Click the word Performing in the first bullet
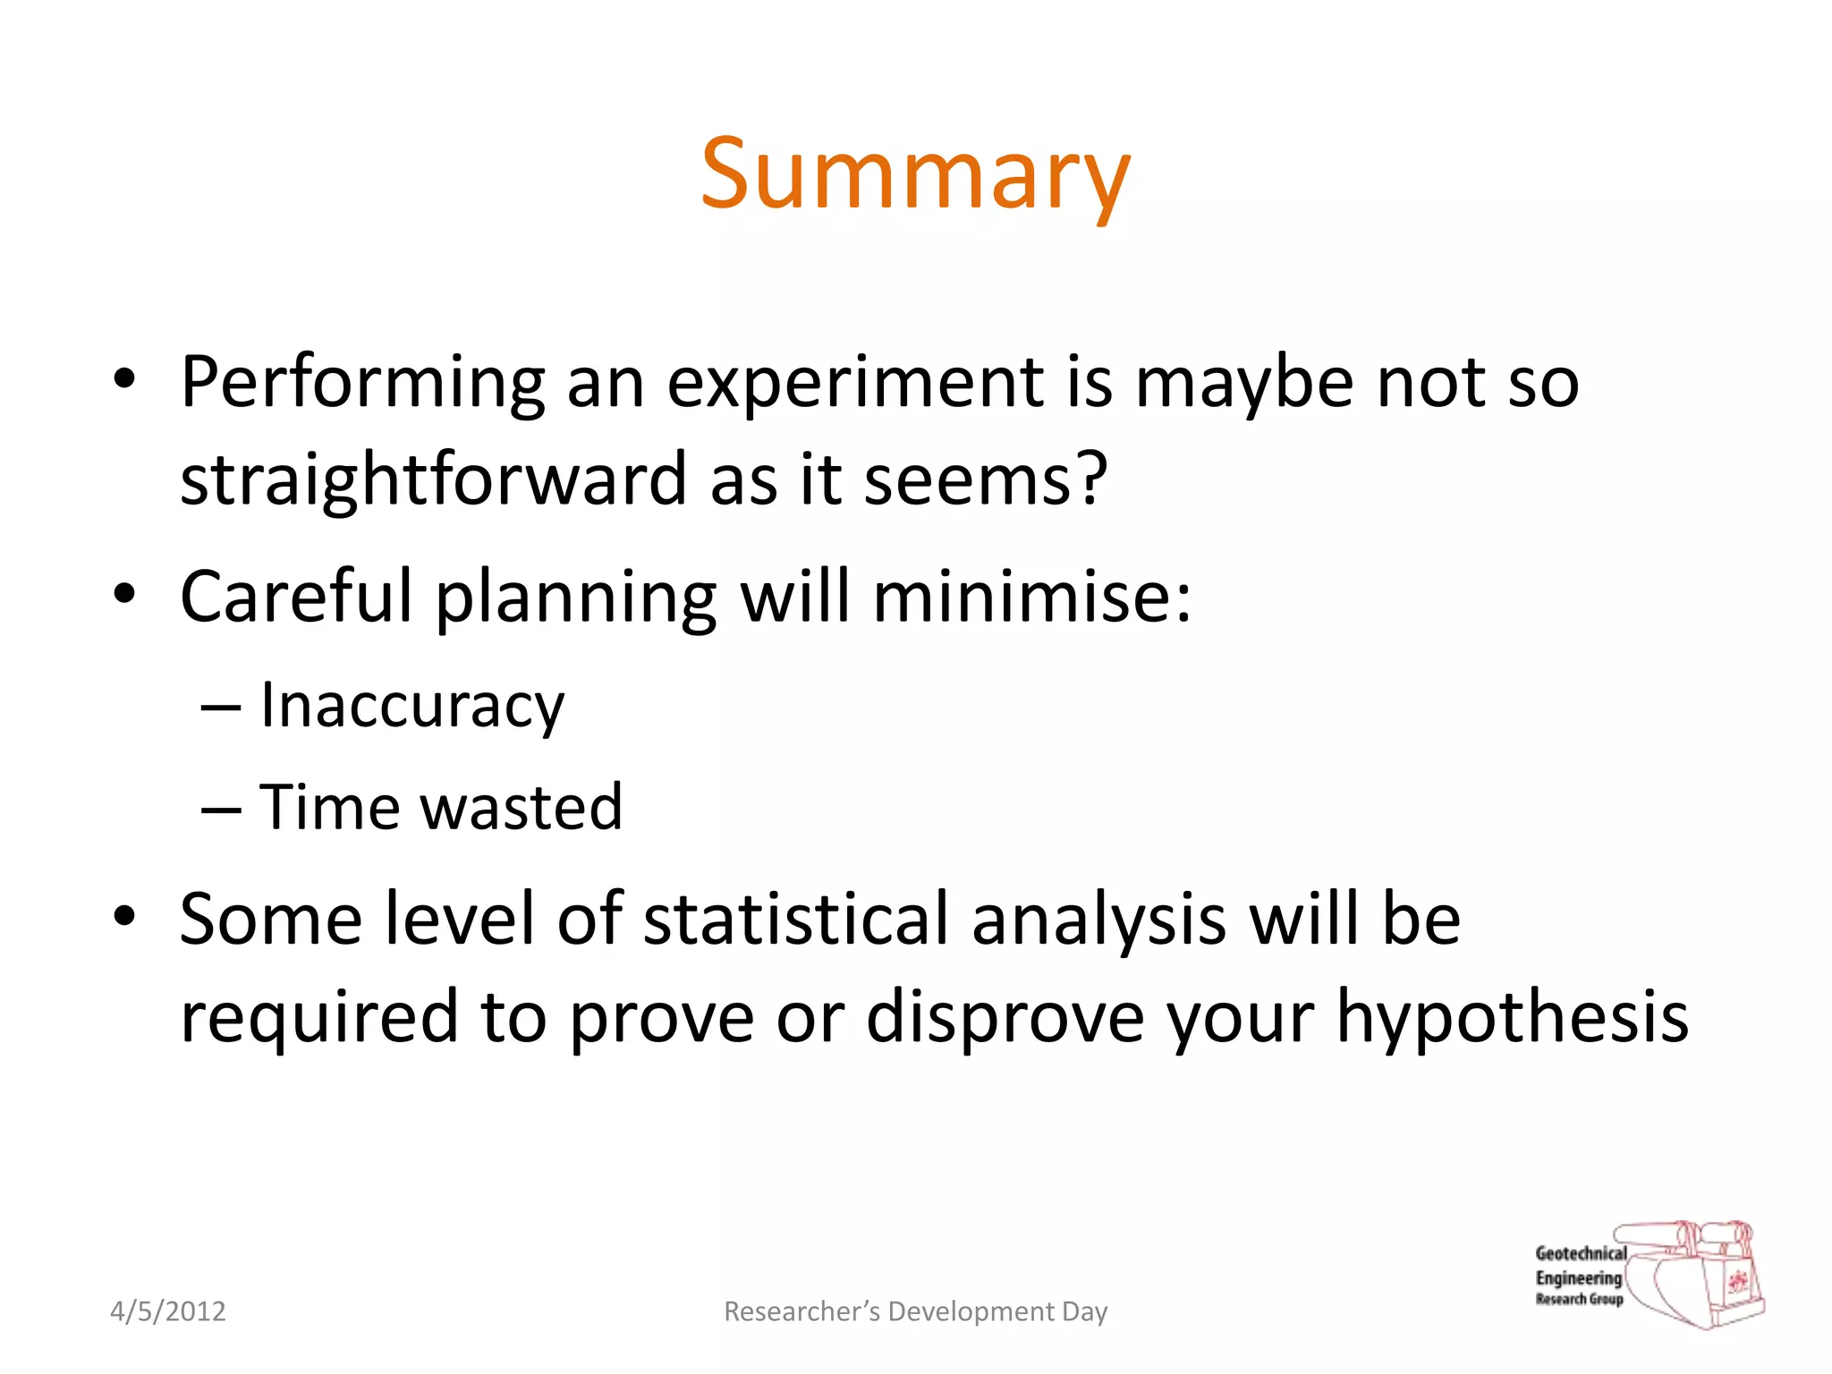coord(362,383)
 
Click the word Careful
coord(296,596)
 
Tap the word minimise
coord(1020,596)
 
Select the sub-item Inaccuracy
coord(411,707)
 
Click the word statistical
coord(795,919)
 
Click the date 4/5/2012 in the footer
coord(168,1311)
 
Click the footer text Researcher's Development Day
coord(915,1311)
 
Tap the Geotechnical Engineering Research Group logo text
coord(1580,1276)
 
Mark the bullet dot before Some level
coord(124,915)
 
